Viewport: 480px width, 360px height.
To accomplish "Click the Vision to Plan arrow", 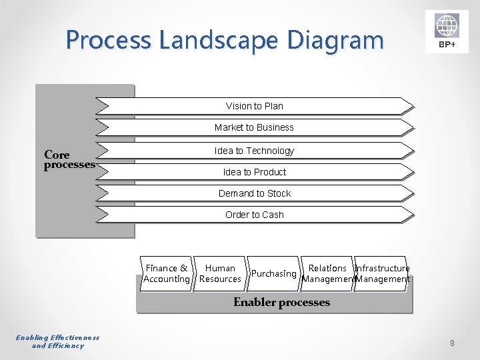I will [x=255, y=106].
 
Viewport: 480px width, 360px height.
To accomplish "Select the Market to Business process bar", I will [x=255, y=127].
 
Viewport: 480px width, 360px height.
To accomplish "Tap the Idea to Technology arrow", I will [x=255, y=151].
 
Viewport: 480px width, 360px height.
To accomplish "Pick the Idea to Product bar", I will [x=255, y=172].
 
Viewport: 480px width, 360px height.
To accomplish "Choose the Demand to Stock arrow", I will [x=255, y=193].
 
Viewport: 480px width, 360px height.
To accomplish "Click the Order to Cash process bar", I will [x=255, y=215].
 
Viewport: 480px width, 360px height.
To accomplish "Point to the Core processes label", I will [x=69, y=160].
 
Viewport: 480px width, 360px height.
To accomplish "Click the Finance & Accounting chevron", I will [x=167, y=273].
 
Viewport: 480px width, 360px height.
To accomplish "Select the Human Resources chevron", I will [x=220, y=273].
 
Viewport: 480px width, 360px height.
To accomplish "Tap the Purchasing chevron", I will [x=273, y=273].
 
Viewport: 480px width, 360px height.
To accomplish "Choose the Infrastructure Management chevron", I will [x=383, y=273].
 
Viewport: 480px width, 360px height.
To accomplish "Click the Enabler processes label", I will [x=281, y=303].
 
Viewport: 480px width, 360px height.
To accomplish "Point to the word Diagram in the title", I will [x=336, y=41].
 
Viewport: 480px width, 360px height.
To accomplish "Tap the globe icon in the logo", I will [x=447, y=27].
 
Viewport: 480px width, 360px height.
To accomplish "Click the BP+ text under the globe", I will [x=447, y=45].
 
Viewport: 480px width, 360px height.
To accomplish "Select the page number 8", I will [x=452, y=343].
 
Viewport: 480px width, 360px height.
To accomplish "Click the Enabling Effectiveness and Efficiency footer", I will [x=58, y=341].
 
